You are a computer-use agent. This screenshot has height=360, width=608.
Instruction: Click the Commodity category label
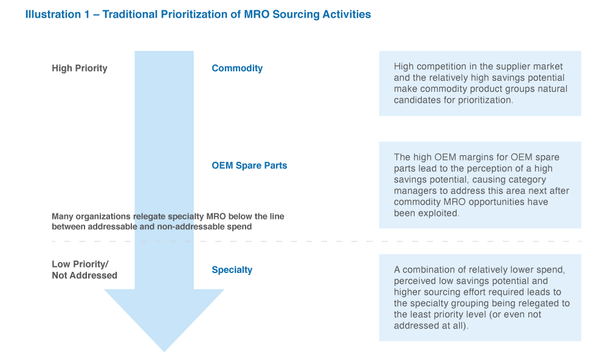point(237,68)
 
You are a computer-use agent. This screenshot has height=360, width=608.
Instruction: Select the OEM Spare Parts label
point(249,165)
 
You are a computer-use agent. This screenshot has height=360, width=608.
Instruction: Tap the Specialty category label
point(232,270)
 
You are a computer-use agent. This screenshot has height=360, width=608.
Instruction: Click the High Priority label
point(80,68)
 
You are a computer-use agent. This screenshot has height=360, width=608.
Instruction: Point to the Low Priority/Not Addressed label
point(84,270)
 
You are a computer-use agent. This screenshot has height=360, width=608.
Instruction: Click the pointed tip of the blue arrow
point(164,350)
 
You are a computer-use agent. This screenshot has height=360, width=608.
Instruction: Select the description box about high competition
point(480,83)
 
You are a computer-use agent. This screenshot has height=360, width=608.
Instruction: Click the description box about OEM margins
point(480,185)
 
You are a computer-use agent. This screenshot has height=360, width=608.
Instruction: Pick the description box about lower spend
point(480,297)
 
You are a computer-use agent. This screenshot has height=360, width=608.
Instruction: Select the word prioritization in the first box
point(483,100)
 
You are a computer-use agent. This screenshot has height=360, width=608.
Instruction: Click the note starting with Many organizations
point(168,221)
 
